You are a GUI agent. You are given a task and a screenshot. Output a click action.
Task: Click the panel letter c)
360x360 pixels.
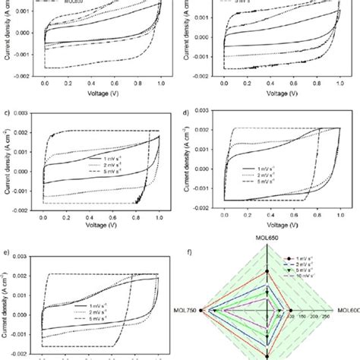[8, 111]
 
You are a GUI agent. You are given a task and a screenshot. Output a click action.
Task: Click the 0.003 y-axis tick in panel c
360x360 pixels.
[26, 113]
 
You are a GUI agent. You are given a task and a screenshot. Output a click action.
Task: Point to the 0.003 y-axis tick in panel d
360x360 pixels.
[207, 112]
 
